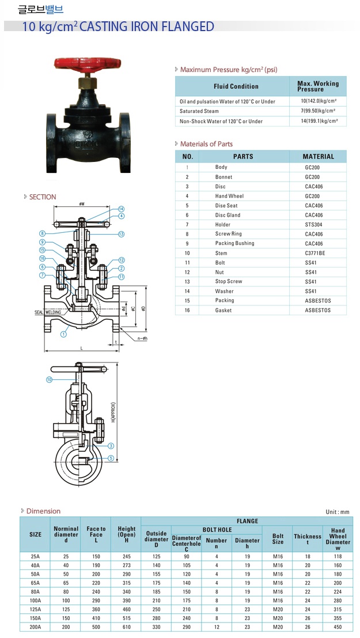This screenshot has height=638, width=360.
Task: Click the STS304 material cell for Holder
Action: [314, 224]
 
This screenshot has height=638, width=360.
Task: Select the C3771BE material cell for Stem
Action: [316, 253]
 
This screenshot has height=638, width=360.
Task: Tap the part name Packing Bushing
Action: [234, 243]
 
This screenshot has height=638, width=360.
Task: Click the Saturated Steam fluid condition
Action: [199, 111]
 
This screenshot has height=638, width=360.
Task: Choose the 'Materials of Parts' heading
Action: [206, 144]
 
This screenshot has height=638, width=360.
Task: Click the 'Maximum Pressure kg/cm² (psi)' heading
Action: [229, 69]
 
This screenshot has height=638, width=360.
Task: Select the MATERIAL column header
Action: [318, 156]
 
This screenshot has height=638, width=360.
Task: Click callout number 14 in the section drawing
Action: [122, 209]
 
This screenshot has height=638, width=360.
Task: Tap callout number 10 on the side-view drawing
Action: [50, 380]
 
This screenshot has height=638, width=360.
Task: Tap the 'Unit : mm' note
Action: [338, 512]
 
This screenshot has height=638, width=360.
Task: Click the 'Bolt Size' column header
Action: [278, 539]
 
